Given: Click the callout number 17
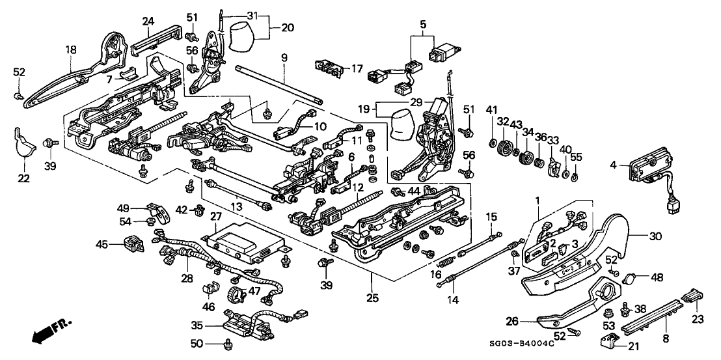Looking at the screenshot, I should click(x=357, y=67).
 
